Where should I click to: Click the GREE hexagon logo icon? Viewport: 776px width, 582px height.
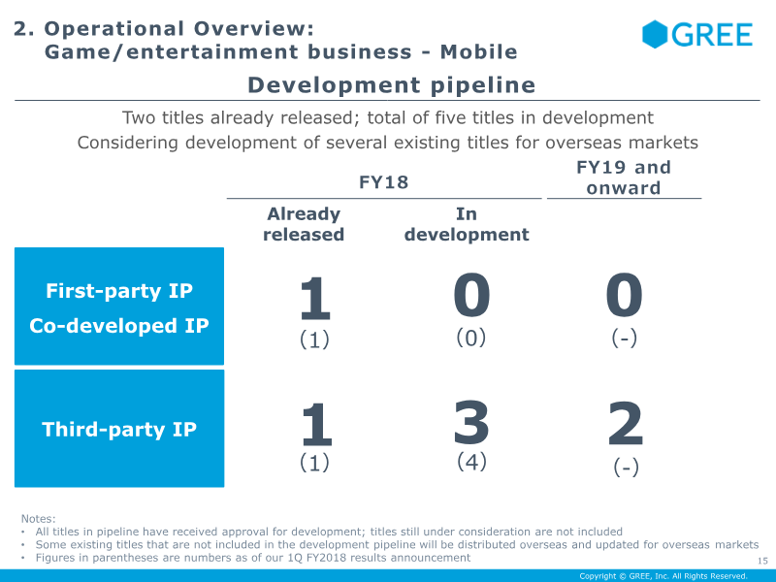(x=657, y=34)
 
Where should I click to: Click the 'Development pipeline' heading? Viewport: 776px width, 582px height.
(x=391, y=85)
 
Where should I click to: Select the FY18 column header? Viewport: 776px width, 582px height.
(x=384, y=182)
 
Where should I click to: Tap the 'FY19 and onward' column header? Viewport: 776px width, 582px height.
(x=624, y=178)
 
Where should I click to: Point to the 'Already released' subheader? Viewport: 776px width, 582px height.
(x=304, y=224)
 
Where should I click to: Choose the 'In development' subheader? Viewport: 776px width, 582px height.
(x=467, y=224)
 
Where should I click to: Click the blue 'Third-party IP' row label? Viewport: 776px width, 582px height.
(x=119, y=429)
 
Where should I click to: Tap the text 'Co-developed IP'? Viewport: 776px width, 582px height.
(x=119, y=326)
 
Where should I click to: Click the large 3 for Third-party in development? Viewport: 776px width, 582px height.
(x=471, y=424)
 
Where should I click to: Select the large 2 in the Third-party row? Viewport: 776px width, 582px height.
(x=626, y=425)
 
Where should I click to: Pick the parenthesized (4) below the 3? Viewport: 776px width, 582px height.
(x=471, y=462)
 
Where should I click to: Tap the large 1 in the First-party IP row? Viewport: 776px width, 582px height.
(x=314, y=299)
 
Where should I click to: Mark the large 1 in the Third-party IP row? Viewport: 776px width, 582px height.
(x=314, y=426)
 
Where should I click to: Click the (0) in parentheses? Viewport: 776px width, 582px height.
(x=471, y=338)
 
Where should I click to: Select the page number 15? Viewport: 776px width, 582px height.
(x=761, y=560)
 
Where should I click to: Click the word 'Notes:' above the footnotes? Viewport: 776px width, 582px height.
(x=39, y=519)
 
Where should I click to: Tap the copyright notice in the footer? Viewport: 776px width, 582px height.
(x=663, y=576)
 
